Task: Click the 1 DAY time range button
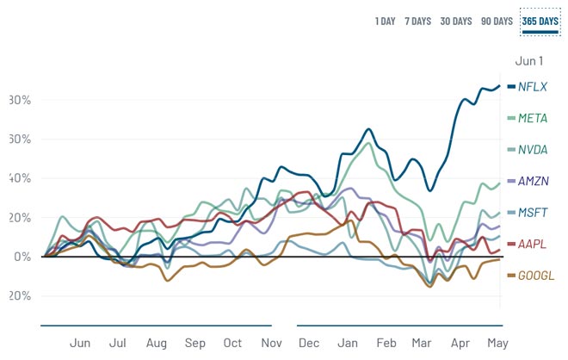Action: click(x=385, y=21)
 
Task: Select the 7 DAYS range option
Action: click(x=417, y=21)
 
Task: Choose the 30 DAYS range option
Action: click(x=455, y=21)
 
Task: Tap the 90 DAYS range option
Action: click(x=497, y=21)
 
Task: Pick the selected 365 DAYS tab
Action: click(x=540, y=21)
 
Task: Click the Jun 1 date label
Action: click(x=528, y=61)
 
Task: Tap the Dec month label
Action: click(x=308, y=343)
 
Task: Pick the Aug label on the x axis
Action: click(x=156, y=343)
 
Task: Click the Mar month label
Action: click(x=423, y=343)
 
